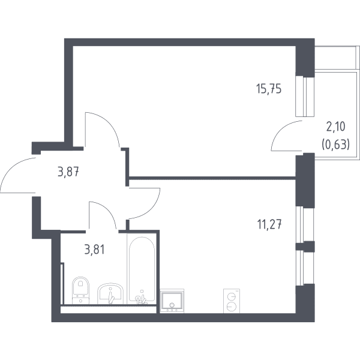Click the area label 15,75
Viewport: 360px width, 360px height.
coord(269,89)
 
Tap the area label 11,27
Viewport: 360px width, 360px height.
coord(269,224)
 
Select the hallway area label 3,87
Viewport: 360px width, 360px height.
coord(68,172)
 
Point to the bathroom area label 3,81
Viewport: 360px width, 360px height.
coord(94,250)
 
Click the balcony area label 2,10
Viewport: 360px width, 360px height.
coord(336,127)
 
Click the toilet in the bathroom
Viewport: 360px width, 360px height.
coord(80,290)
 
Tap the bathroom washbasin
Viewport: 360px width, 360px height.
coord(110,294)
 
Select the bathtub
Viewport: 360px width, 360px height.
coord(142,269)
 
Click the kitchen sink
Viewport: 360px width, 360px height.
coord(172,301)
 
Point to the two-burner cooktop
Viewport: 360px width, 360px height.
coord(232,301)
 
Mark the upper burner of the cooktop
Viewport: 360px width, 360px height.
coord(232,296)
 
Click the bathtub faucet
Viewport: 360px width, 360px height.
coord(140,299)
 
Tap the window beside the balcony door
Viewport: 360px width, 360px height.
coord(305,97)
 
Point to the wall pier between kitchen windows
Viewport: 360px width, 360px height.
coord(305,246)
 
